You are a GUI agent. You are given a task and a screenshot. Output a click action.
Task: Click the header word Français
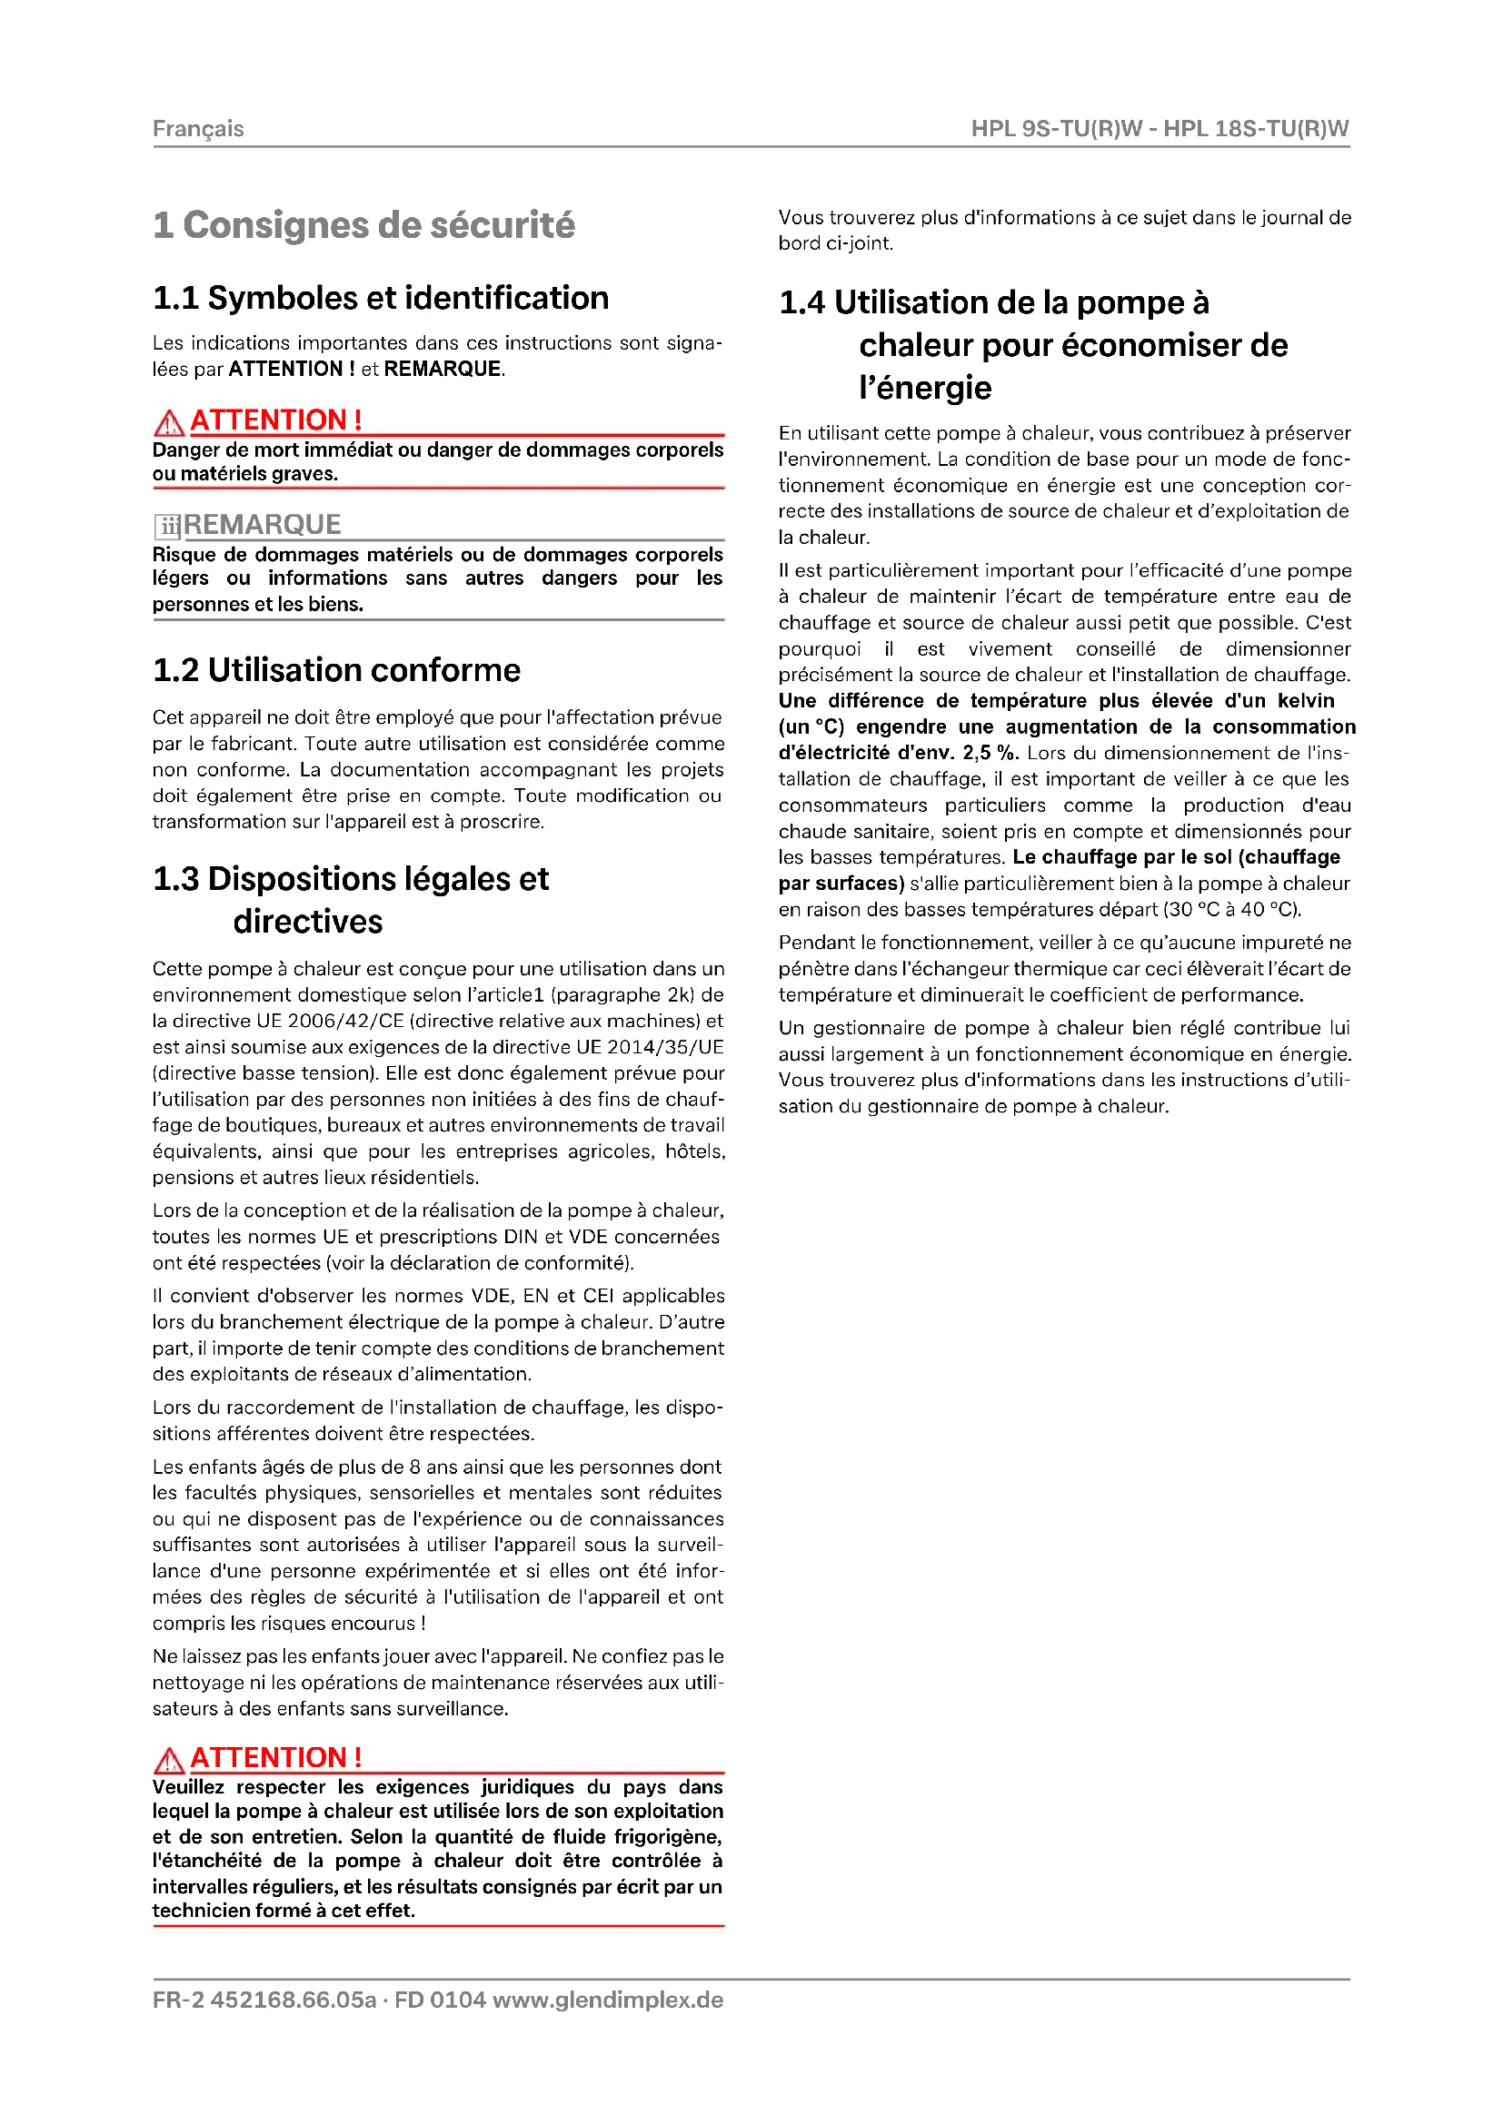pos(198,129)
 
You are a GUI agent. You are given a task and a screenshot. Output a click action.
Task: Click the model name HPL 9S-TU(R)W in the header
pos(1057,129)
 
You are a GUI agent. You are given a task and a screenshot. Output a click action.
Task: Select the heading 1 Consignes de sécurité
pos(363,225)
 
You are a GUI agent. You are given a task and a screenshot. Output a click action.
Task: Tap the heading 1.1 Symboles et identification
pos(381,298)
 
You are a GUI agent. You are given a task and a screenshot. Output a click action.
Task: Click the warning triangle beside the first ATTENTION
pos(168,423)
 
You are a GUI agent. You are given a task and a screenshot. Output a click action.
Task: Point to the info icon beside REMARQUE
pos(167,527)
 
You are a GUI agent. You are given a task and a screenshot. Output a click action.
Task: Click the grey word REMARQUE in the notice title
pos(263,525)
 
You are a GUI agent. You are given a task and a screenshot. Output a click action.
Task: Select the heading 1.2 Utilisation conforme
pos(336,670)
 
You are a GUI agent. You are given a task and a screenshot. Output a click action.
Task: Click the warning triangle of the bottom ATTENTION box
pos(168,1760)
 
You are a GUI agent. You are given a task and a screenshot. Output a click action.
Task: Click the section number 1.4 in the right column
pos(801,302)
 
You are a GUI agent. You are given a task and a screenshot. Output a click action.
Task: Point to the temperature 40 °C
pos(1269,909)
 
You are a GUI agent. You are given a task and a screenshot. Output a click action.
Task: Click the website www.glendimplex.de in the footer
pos(608,2000)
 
